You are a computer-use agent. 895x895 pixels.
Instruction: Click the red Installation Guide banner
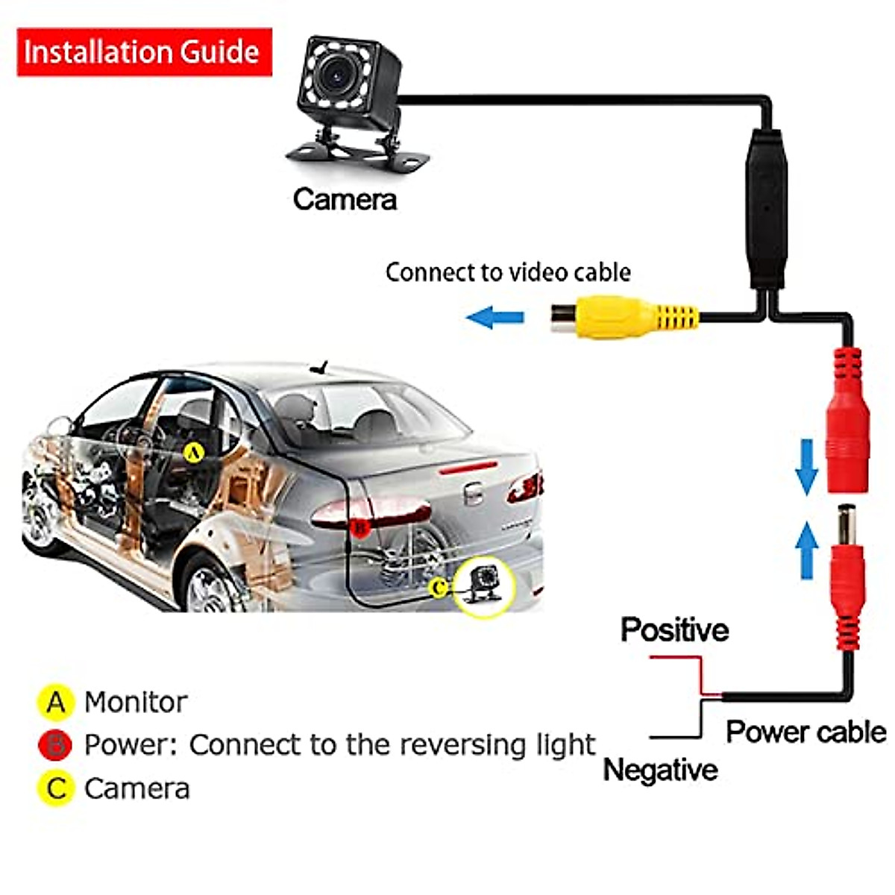(144, 52)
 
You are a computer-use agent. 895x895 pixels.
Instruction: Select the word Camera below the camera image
(345, 199)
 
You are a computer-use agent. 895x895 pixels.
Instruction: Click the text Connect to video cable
(508, 272)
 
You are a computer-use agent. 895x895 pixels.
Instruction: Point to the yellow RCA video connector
(623, 316)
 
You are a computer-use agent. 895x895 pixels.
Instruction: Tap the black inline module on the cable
(766, 209)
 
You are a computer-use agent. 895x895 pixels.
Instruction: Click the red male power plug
(847, 582)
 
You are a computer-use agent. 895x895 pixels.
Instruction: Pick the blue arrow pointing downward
(806, 467)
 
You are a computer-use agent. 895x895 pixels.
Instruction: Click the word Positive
(674, 629)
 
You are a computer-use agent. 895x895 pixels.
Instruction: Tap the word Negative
(660, 770)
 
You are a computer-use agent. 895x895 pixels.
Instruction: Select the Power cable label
(805, 732)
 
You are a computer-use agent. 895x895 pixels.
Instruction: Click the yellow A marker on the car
(193, 452)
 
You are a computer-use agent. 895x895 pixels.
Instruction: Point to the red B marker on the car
(359, 527)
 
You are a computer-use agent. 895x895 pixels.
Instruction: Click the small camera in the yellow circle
(485, 585)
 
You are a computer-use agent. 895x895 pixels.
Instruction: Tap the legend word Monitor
(135, 702)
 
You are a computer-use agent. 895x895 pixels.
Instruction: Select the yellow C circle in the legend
(56, 788)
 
